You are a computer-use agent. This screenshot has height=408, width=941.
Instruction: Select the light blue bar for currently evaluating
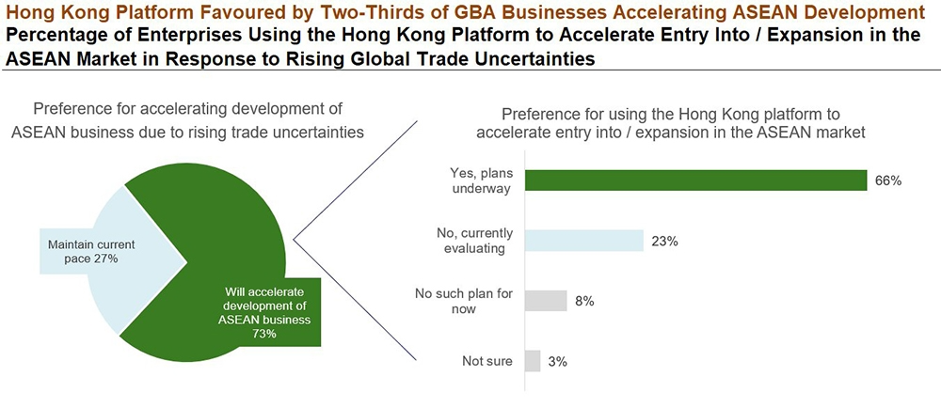pos(583,241)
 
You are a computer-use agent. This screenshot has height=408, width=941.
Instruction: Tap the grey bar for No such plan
pos(546,301)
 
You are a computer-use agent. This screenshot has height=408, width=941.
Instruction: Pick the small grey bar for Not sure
pos(533,361)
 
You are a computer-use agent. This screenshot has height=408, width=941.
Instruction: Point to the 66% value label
pos(888,180)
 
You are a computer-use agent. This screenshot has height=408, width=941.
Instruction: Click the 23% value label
pos(664,241)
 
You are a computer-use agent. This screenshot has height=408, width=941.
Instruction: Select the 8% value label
pos(584,301)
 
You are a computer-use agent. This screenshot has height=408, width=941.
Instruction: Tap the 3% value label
pos(558,361)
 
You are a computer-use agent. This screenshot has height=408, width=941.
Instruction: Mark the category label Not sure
pos(487,361)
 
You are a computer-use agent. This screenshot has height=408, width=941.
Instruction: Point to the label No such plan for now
pos(464,301)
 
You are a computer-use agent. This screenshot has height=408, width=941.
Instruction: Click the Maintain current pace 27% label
pos(84,251)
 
